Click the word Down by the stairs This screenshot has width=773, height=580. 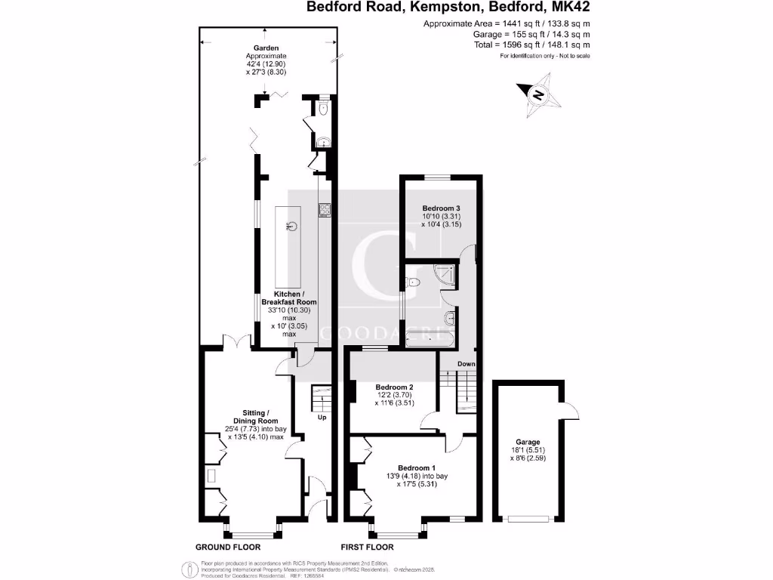pyautogui.click(x=466, y=364)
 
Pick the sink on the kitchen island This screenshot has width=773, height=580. pyautogui.click(x=291, y=225)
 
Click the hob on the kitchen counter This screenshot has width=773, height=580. pyautogui.click(x=324, y=210)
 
